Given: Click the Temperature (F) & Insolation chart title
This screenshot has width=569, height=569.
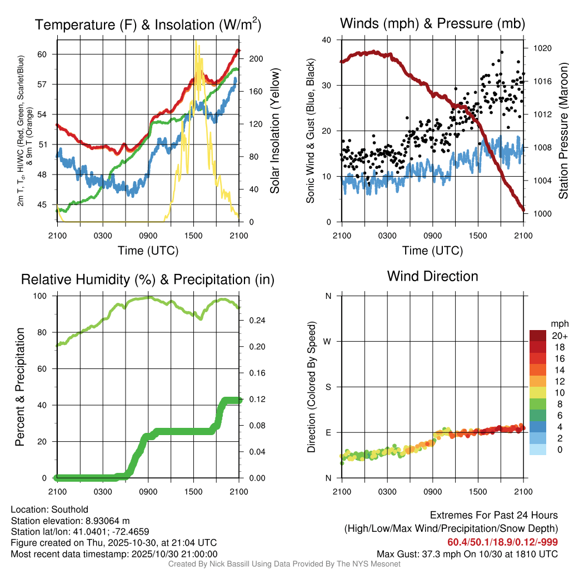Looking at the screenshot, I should pos(148,24).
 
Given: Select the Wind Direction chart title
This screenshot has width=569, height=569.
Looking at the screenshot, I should pos(432,276).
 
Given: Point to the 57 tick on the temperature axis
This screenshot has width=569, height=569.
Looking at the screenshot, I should pos(47,84).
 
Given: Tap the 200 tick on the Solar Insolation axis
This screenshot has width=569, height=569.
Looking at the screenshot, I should pos(248,59).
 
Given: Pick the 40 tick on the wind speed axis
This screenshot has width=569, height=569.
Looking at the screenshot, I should pos(327,40).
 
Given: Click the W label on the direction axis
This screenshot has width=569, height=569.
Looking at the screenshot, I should pos(328,341).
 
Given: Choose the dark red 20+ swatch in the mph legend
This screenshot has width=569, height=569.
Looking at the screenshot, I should pos(537,336).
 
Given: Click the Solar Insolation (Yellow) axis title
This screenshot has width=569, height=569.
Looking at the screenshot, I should pos(275,131).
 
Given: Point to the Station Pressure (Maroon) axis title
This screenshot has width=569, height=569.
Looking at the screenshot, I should pos(563,131).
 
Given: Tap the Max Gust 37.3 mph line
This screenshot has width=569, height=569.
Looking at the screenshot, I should pos(467,554).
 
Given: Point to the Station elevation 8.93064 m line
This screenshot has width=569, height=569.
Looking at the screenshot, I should pos(70,521).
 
